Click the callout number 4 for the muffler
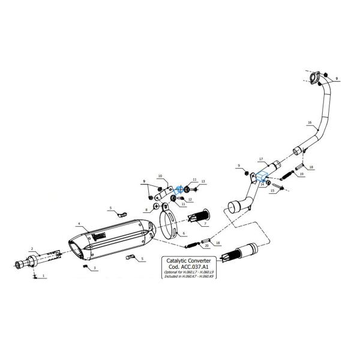[x=79, y=224]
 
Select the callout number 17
[x=261, y=159]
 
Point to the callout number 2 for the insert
[x=31, y=248]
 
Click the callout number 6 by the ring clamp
[x=184, y=233]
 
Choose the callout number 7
[x=205, y=223]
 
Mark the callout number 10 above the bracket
[x=160, y=176]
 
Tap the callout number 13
[x=203, y=181]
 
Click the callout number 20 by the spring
[x=207, y=245]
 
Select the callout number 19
[x=301, y=174]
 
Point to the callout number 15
[x=272, y=190]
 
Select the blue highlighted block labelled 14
[x=262, y=177]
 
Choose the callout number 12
[x=190, y=199]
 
